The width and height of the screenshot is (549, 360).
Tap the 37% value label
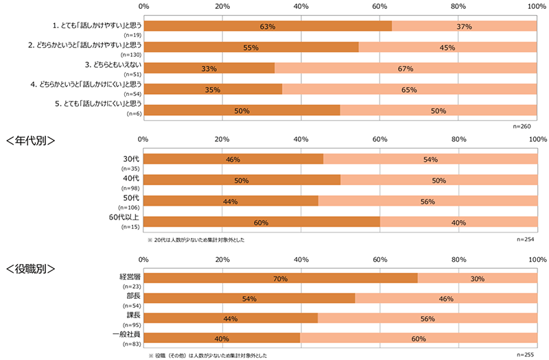[465, 27]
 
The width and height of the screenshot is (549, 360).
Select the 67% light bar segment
[405, 69]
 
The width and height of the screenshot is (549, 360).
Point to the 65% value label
[410, 89]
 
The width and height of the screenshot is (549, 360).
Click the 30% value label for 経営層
[478, 279]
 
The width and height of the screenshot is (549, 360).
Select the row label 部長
[130, 296]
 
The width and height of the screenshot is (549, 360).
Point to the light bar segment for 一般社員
[419, 338]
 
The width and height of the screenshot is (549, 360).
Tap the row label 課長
[130, 315]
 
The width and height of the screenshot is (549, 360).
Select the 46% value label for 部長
[447, 300]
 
